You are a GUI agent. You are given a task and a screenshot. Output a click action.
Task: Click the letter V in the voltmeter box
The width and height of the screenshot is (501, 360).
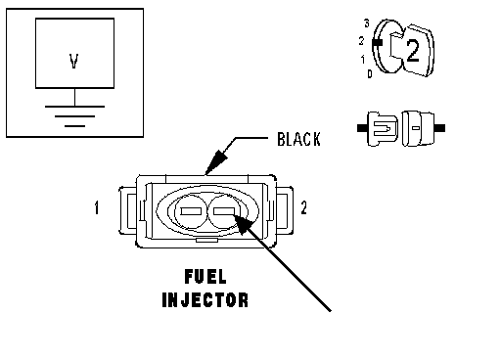[74, 61]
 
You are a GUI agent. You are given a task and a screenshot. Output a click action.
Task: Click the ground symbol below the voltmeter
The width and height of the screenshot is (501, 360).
[74, 115]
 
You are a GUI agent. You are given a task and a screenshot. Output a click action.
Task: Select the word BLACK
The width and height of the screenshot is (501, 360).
[298, 139]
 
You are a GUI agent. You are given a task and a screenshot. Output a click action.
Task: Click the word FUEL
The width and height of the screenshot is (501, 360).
[205, 277]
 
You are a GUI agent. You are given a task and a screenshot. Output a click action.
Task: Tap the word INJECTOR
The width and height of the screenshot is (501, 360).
[205, 300]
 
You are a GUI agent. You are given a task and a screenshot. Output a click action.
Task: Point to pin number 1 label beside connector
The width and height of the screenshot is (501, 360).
[97, 207]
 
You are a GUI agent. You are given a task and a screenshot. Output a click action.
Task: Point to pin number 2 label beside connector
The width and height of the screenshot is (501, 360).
[303, 207]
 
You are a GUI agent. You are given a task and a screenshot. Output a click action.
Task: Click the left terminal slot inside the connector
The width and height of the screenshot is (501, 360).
[191, 211]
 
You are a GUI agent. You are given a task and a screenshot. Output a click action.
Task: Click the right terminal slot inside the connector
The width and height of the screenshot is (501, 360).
[224, 211]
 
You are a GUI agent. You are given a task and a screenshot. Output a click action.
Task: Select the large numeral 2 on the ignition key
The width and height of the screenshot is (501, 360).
[412, 51]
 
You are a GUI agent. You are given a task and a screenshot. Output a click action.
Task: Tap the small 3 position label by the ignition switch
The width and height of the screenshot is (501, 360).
[367, 23]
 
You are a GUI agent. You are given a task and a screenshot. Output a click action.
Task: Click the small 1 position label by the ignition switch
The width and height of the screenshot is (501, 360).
[363, 60]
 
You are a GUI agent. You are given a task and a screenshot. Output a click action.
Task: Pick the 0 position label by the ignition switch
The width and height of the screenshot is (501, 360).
[370, 74]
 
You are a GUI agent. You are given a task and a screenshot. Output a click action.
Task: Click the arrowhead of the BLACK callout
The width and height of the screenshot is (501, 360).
[214, 162]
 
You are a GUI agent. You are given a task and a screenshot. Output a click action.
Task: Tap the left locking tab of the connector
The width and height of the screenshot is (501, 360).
[127, 210]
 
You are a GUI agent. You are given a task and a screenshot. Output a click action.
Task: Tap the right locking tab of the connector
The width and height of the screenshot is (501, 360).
[285, 210]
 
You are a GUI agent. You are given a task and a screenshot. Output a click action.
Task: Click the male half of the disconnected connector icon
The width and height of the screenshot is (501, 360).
[379, 128]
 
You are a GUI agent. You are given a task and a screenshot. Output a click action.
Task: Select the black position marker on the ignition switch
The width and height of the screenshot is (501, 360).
[378, 42]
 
